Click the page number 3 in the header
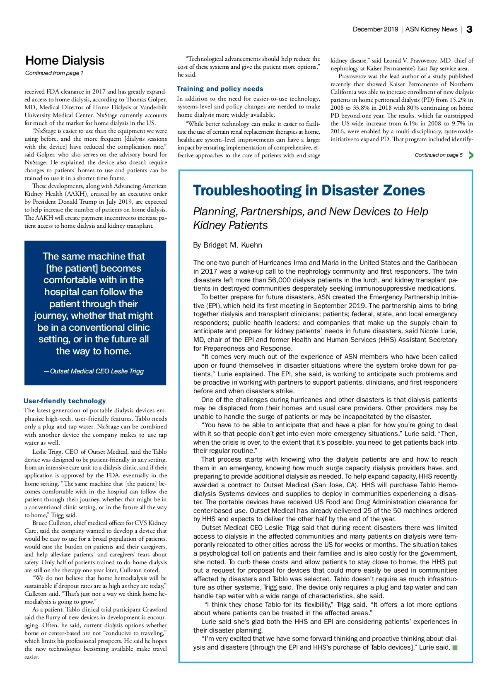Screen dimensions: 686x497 [x=469, y=29]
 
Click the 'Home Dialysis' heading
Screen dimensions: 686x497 [x=65, y=60]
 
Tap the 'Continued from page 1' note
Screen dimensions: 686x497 [x=54, y=73]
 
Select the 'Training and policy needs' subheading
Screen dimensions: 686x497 [x=220, y=89]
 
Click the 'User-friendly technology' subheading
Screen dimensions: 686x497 [x=65, y=401]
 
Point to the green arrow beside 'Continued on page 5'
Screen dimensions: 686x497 [x=471, y=155]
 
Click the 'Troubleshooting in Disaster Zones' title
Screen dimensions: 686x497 [x=309, y=190]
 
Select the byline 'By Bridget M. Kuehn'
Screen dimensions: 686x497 [x=227, y=245]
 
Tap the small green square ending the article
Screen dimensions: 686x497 [x=455, y=647]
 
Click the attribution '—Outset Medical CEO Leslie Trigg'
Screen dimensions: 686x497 [x=94, y=371]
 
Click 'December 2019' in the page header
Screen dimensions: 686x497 [x=375, y=29]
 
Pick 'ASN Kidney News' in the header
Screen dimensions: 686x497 [x=431, y=29]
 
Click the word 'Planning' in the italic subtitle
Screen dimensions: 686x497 [x=214, y=212]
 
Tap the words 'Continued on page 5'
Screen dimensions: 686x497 [x=439, y=155]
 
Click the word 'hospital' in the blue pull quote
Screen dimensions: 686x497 [x=61, y=292]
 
